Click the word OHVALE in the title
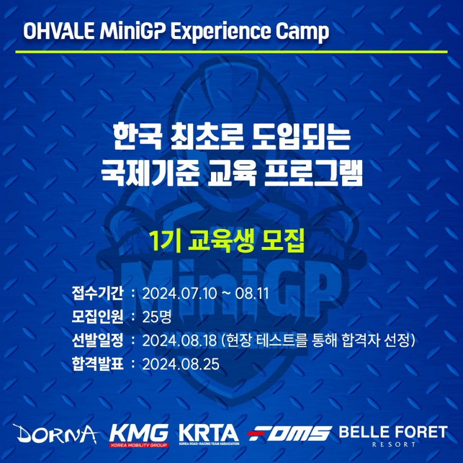tap(59, 31)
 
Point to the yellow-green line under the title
tap(232, 52)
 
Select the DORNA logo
tap(56, 434)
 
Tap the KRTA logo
tap(209, 435)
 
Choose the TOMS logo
tap(289, 434)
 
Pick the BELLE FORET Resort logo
tap(394, 436)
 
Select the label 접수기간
tap(97, 293)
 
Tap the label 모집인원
tap(97, 317)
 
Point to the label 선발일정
tap(97, 341)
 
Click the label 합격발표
tap(97, 364)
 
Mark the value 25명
tap(157, 317)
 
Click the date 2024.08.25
tap(181, 364)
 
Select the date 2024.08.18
tap(180, 341)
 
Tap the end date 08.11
tap(252, 294)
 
